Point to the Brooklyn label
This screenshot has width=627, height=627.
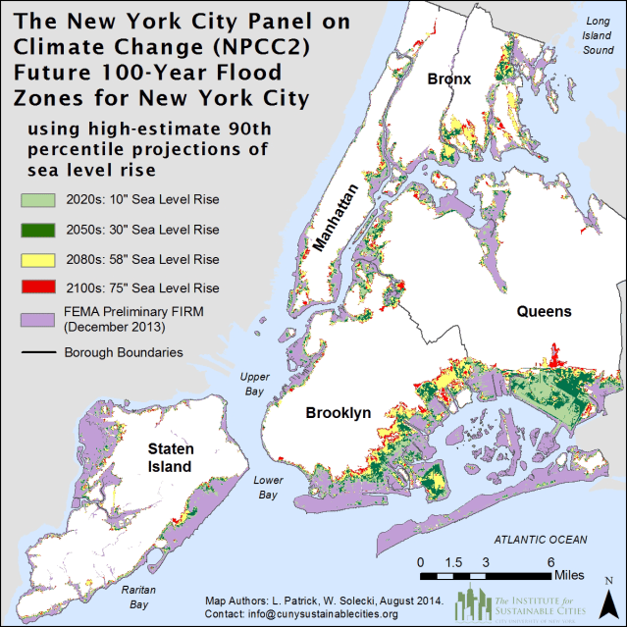click(x=337, y=413)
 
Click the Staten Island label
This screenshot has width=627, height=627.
click(x=170, y=457)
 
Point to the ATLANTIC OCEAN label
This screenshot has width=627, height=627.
click(x=541, y=540)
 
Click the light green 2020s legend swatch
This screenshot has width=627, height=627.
click(x=37, y=201)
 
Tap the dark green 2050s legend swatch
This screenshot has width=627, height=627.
click(x=37, y=230)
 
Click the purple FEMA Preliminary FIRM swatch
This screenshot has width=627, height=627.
click(x=37, y=320)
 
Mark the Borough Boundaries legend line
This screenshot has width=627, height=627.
click(x=37, y=352)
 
